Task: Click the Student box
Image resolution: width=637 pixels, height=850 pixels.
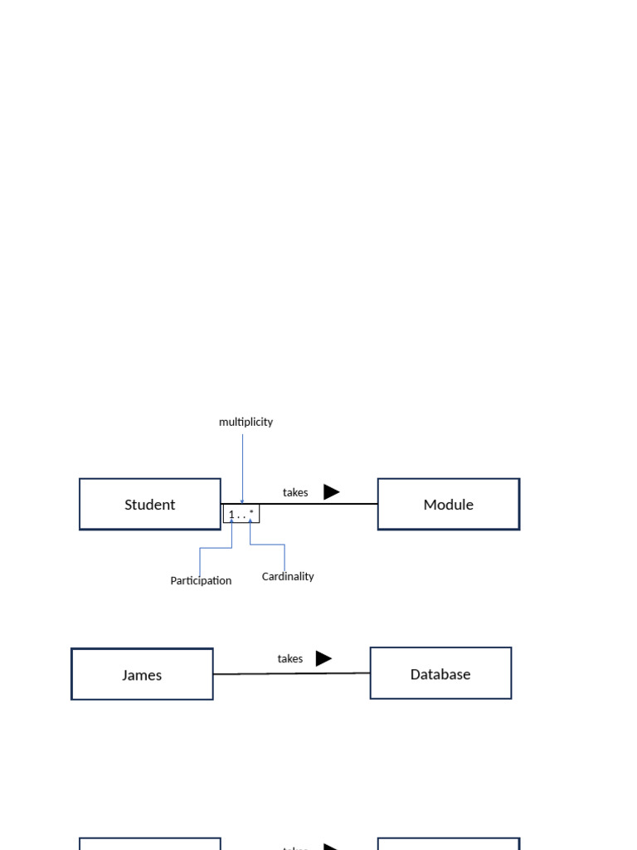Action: [150, 504]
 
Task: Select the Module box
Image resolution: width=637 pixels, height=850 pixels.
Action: [448, 504]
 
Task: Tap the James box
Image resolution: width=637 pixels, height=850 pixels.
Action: [142, 674]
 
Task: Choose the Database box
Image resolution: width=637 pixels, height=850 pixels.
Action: [440, 673]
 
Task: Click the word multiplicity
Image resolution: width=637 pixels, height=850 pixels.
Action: [246, 422]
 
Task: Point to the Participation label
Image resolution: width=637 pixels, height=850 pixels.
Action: [201, 580]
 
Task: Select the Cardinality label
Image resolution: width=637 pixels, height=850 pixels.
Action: [288, 576]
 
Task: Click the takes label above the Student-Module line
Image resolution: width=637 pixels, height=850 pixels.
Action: [294, 492]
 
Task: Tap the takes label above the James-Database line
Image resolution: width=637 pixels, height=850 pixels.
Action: [289, 658]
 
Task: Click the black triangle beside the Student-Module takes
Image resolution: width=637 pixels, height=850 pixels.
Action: [331, 491]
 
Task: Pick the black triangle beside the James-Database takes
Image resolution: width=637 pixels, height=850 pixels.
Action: [323, 658]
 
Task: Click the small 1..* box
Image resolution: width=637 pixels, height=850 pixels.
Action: [241, 515]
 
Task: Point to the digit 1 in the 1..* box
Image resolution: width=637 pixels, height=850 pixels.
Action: [231, 515]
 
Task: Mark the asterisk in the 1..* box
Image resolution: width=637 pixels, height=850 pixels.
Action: [251, 513]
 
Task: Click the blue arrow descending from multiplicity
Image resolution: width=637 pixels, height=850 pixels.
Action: [242, 465]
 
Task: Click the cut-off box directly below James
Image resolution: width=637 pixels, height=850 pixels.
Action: [150, 843]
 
